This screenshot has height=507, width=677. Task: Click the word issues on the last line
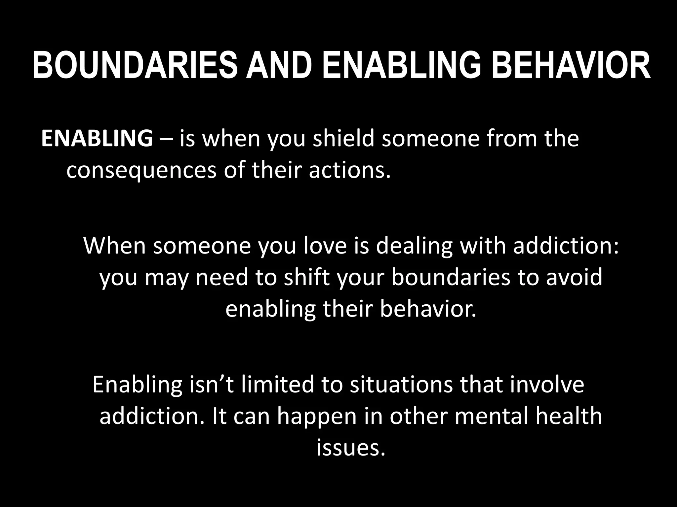point(351,448)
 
